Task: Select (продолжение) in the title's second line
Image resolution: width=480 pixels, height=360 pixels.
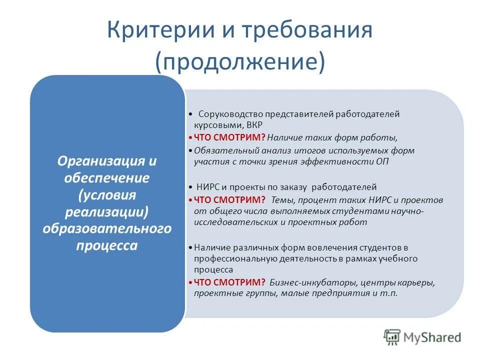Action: click(240, 61)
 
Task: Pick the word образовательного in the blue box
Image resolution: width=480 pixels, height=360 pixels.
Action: click(106, 228)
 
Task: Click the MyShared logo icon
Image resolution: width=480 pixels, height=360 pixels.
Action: click(392, 337)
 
